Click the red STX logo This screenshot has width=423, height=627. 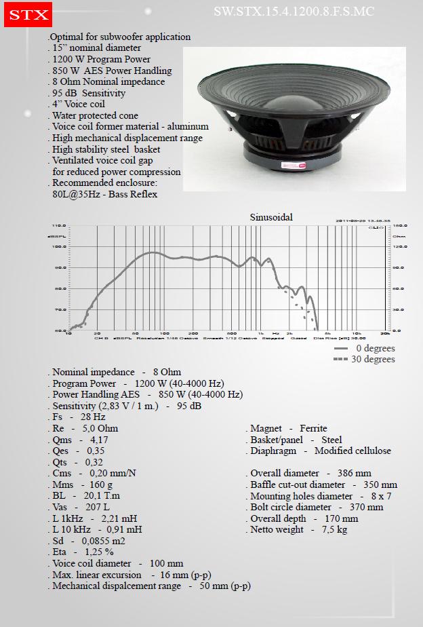[26, 14]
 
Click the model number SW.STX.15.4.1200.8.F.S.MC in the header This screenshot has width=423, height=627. [294, 12]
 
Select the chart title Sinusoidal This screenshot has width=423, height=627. [271, 217]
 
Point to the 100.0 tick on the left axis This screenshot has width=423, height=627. [60, 246]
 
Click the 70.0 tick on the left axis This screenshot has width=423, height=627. [60, 309]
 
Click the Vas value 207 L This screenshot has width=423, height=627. [98, 507]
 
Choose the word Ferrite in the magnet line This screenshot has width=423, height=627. [313, 428]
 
